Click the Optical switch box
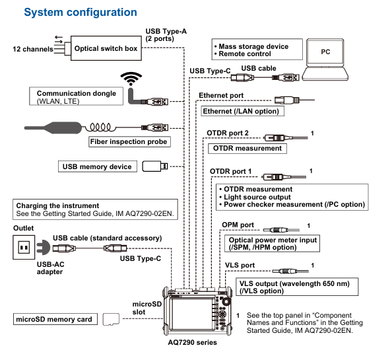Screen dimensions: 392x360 tap(106, 48)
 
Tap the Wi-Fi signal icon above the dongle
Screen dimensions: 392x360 tap(131, 79)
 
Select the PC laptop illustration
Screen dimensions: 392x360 tap(325, 59)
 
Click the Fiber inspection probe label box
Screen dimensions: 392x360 tap(129, 141)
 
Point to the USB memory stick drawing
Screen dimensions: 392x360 tap(155, 166)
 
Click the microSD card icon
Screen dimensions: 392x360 tap(111, 320)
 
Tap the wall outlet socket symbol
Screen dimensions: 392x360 tap(24, 247)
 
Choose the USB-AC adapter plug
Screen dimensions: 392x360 tap(43, 248)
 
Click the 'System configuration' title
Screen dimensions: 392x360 tap(81, 13)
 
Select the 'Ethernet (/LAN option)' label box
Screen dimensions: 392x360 tap(242, 111)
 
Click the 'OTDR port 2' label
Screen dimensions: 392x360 tap(228, 133)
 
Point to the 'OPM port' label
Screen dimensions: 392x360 tap(238, 225)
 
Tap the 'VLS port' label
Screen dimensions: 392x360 tap(240, 265)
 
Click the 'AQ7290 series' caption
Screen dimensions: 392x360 tap(192, 342)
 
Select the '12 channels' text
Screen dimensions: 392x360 tap(33, 49)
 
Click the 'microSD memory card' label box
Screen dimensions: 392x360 tap(55, 319)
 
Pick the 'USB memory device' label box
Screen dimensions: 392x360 tap(98, 166)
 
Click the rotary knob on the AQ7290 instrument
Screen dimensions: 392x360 tap(226, 301)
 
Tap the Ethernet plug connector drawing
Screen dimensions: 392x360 tap(287, 100)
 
